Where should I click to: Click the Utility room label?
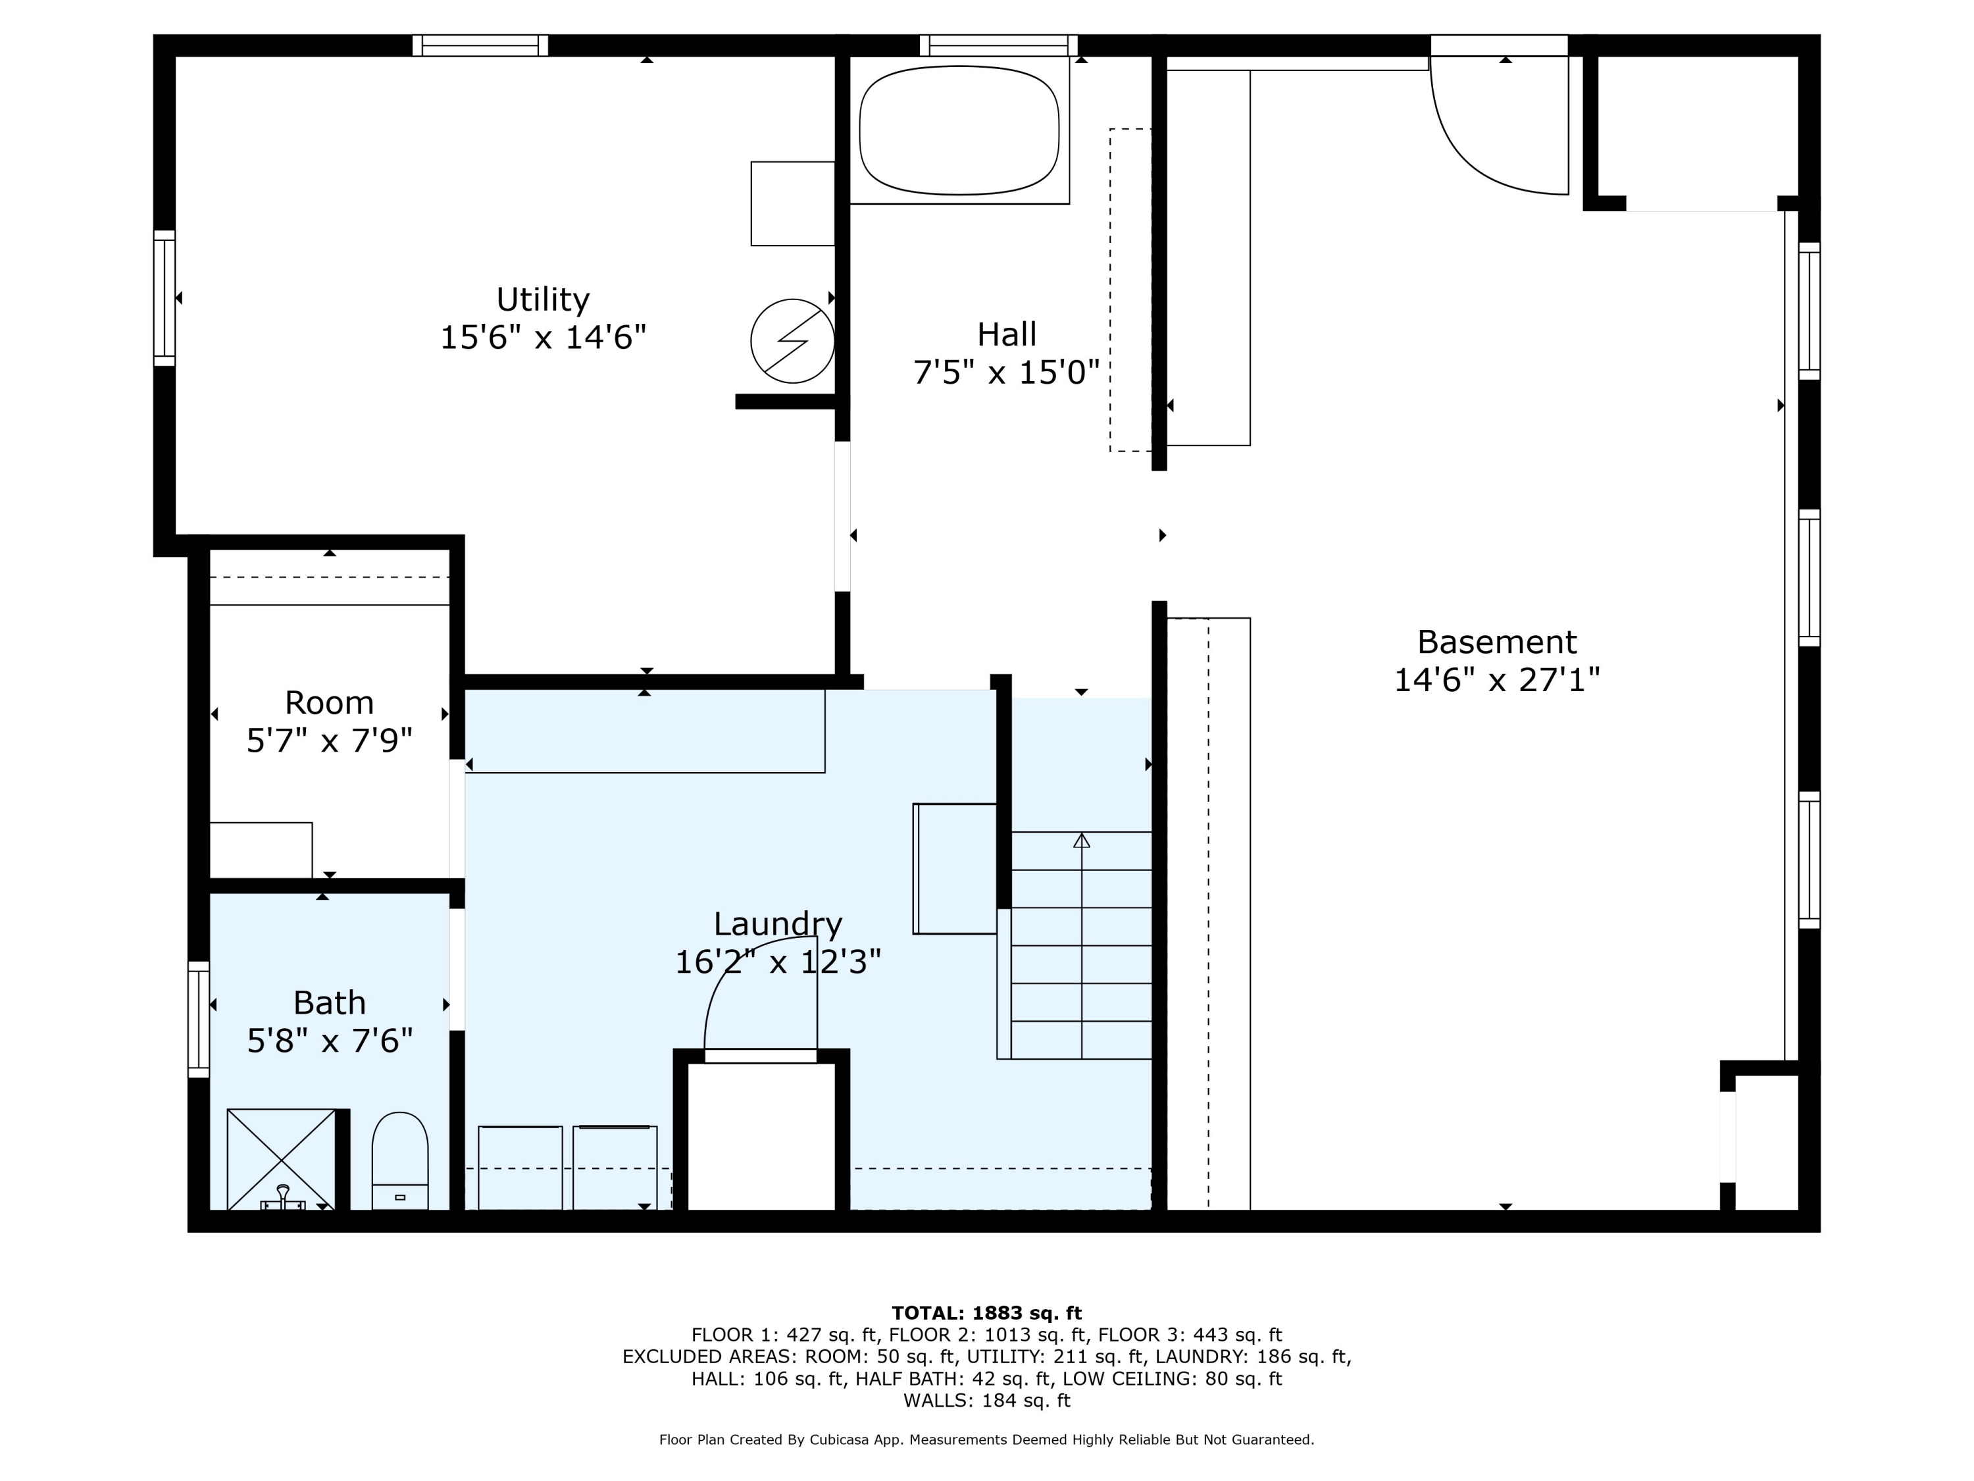click(x=543, y=299)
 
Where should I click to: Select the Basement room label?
click(x=1496, y=642)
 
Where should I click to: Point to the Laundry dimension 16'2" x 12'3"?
click(x=777, y=962)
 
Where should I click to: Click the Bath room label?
click(x=329, y=1002)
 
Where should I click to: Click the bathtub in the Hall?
click(x=959, y=130)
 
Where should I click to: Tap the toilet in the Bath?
click(x=400, y=1160)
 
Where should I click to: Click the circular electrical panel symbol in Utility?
click(x=792, y=341)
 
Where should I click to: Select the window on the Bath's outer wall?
click(x=198, y=1020)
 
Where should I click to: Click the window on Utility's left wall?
click(x=164, y=298)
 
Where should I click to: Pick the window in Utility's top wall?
click(x=480, y=45)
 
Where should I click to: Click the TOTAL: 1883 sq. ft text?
click(x=986, y=1313)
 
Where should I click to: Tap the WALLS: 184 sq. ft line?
click(x=986, y=1400)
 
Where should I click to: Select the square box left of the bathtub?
click(x=792, y=203)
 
